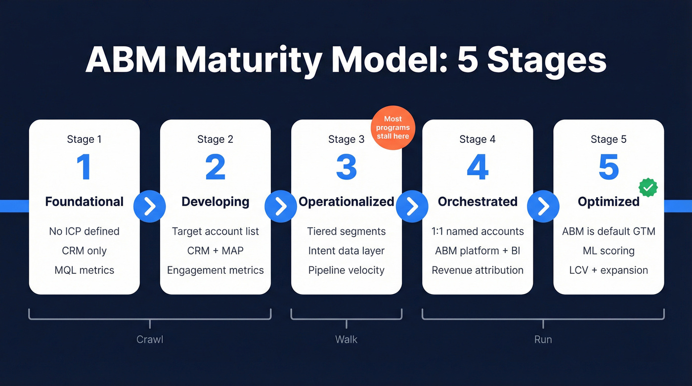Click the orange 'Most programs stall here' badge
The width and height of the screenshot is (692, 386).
(x=393, y=128)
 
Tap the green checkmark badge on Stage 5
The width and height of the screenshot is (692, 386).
(x=648, y=187)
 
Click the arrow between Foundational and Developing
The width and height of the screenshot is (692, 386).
(x=150, y=206)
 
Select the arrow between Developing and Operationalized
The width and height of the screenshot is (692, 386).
(x=281, y=206)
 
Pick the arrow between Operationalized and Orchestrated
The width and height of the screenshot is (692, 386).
(x=412, y=206)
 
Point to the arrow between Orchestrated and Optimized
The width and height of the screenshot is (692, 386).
(x=543, y=206)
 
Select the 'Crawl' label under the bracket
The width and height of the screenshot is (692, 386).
(x=149, y=340)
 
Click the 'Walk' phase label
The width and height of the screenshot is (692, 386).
(x=346, y=340)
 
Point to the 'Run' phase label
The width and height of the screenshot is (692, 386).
(x=543, y=340)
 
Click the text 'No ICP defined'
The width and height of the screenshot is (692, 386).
(x=84, y=231)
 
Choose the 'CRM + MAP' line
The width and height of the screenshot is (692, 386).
(x=215, y=251)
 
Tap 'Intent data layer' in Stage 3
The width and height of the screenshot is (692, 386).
(x=346, y=251)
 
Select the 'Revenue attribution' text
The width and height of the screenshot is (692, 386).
(x=477, y=270)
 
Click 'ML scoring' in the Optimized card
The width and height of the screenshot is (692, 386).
(x=608, y=251)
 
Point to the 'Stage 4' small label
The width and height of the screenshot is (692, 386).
(x=477, y=139)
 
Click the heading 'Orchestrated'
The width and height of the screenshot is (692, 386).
(x=477, y=202)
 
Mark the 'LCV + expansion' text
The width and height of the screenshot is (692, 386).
(x=608, y=270)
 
